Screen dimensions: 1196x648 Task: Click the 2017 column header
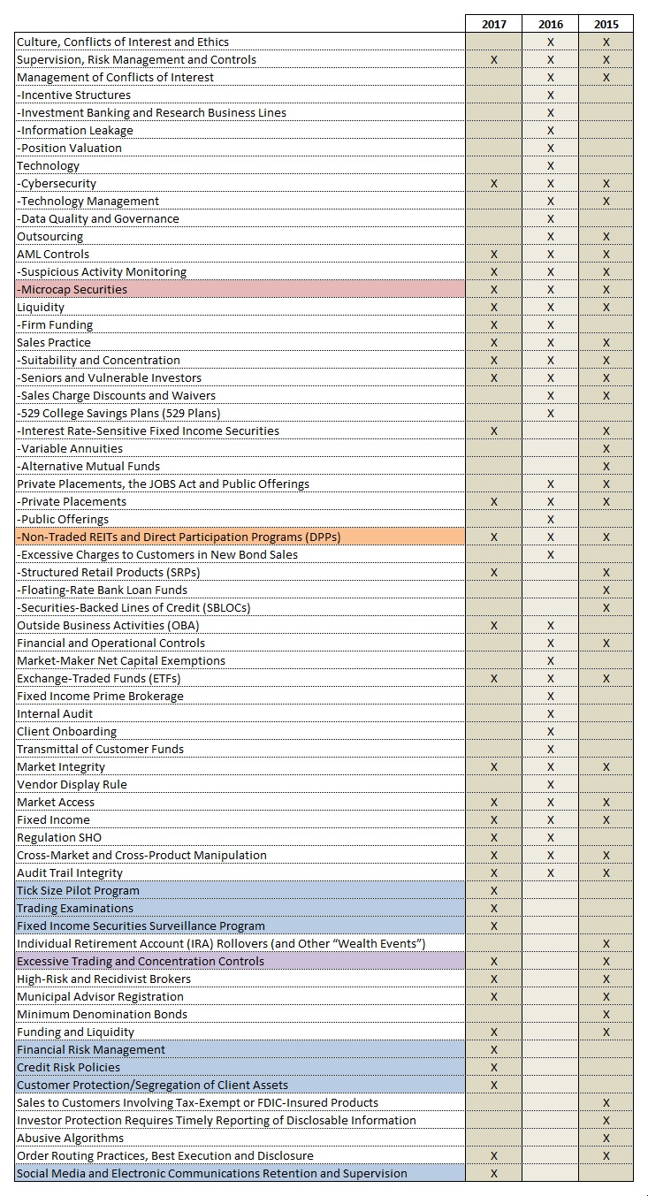[494, 24]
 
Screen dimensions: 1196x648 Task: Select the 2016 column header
[551, 24]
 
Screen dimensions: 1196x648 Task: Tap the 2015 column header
[606, 24]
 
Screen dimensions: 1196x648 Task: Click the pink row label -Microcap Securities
[72, 289]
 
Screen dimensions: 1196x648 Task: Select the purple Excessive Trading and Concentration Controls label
[141, 961]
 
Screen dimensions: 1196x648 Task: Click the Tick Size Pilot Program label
[79, 890]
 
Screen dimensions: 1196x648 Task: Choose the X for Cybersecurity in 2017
[494, 183]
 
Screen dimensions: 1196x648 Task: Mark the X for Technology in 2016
[551, 165]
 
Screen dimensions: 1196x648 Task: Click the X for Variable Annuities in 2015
[606, 448]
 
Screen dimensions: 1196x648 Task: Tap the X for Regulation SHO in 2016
[551, 837]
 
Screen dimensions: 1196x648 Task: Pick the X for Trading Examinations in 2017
[494, 908]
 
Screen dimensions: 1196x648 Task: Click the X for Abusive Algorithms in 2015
[606, 1138]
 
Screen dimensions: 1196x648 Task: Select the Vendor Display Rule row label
[72, 784]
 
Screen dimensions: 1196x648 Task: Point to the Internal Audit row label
[55, 713]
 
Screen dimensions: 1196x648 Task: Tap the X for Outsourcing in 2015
[606, 236]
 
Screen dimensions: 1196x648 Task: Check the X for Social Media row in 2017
[494, 1173]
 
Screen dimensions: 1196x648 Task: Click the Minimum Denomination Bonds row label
[103, 1014]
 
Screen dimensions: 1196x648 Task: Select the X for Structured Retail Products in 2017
[494, 572]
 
